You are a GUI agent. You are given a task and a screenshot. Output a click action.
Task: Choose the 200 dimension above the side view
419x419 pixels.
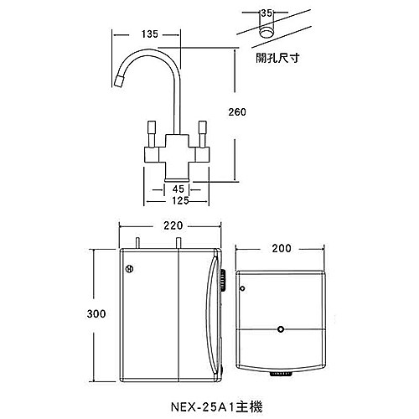pos(282,249)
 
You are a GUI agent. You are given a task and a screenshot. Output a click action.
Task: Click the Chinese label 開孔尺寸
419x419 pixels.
pos(277,60)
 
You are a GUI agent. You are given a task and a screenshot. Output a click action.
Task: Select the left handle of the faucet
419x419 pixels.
pos(151,132)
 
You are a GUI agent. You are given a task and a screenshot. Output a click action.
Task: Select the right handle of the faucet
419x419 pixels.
pos(201,132)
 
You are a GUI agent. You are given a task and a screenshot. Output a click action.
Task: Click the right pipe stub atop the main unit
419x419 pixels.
pos(178,243)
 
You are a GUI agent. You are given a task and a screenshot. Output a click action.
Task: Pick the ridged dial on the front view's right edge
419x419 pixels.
pos(224,281)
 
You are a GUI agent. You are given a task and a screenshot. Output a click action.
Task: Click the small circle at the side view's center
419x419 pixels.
pos(281,330)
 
